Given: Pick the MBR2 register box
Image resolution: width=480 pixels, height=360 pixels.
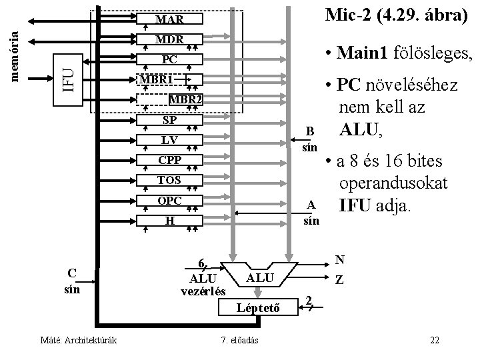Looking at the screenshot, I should point(184,100).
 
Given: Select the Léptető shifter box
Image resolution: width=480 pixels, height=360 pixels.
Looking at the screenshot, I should point(257,307).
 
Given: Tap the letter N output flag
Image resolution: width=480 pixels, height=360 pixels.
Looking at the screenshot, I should point(339,261).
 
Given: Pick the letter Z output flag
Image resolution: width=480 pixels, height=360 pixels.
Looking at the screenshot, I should point(339,281).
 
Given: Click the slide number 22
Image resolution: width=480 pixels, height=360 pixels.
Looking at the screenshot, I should point(435,341).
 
